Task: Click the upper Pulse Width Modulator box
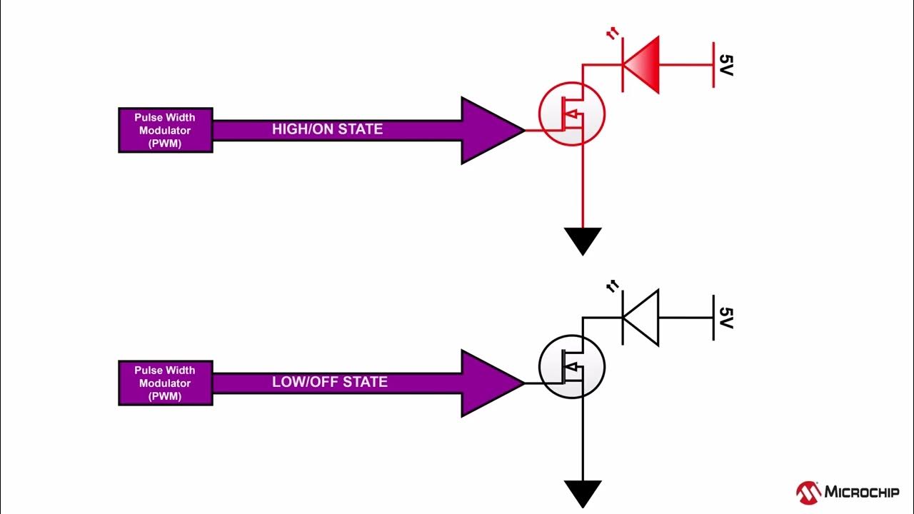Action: coord(165,129)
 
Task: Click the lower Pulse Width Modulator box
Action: coord(165,383)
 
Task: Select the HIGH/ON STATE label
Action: coord(327,129)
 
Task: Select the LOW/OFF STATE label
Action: coord(329,382)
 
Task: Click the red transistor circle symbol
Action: coord(571,114)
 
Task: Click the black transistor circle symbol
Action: coord(571,368)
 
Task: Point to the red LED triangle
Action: coord(645,65)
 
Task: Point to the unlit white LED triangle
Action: coord(645,317)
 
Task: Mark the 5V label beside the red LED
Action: coord(725,65)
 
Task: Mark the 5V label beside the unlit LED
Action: coord(725,318)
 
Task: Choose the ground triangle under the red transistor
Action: coord(583,239)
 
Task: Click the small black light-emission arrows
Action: coord(612,287)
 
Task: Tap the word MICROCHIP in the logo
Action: coord(862,492)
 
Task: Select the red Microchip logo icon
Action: coord(808,491)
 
